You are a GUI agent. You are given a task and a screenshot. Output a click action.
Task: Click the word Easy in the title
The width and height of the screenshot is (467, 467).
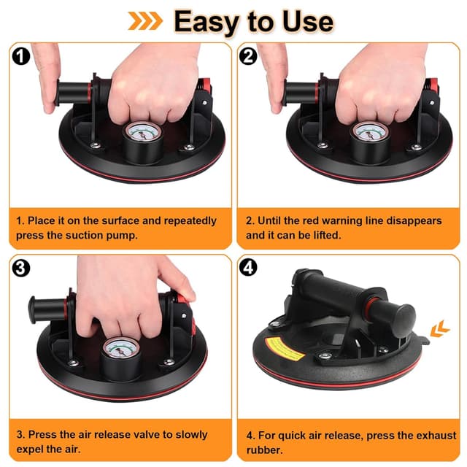206,22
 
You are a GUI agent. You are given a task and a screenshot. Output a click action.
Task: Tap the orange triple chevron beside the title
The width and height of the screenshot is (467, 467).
145,21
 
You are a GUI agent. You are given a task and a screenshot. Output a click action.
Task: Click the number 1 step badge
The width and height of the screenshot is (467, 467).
21,56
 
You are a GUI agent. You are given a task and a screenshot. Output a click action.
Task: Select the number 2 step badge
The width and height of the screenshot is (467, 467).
248,56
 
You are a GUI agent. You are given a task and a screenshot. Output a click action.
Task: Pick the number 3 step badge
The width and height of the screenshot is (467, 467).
21,268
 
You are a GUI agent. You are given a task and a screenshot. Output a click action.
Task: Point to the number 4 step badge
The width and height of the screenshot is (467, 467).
248,268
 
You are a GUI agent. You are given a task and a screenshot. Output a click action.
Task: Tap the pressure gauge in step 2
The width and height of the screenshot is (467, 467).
370,133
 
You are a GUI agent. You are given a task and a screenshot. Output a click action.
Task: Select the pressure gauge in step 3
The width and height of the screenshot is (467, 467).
121,349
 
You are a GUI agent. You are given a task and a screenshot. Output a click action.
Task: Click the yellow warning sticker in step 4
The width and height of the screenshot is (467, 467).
285,350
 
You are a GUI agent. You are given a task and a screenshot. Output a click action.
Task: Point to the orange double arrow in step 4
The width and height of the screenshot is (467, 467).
440,328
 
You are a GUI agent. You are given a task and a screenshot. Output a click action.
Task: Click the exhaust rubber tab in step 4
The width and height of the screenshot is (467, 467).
424,340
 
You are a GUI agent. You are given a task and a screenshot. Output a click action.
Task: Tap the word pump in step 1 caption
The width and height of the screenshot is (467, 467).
123,236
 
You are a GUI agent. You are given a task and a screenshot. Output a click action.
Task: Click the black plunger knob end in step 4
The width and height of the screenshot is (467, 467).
404,317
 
